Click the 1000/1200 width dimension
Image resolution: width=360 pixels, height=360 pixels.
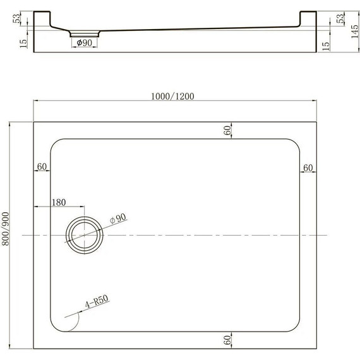[172, 96]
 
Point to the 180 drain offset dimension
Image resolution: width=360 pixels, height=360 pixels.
[58, 203]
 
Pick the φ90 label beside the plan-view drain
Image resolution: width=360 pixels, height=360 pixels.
[118, 218]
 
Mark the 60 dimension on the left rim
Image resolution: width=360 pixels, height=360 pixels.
[42, 167]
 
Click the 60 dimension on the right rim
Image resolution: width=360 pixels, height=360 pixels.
[308, 167]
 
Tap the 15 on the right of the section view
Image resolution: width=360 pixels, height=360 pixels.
[326, 45]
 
